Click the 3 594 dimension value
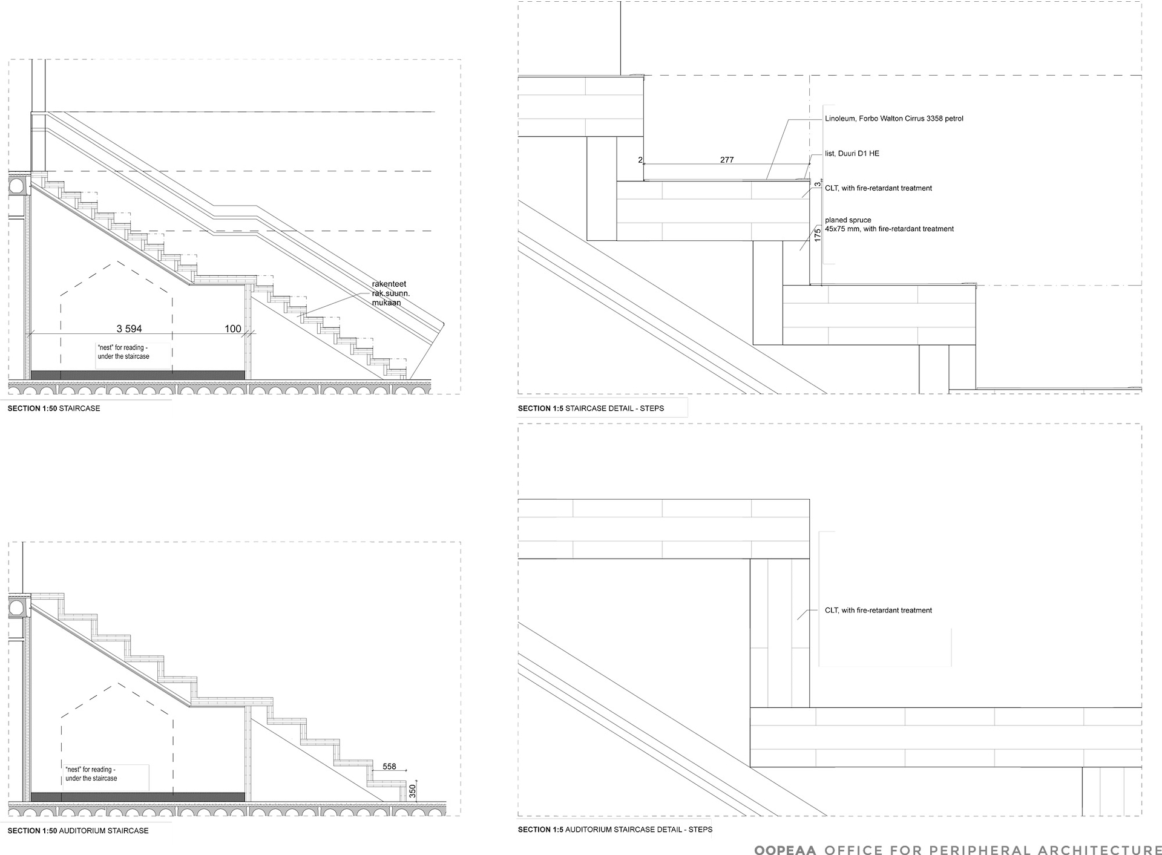click(129, 329)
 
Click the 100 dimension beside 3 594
click(233, 329)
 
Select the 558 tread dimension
click(389, 767)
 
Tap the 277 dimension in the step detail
click(727, 160)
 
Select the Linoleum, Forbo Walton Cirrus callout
click(894, 119)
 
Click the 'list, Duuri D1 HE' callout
click(852, 154)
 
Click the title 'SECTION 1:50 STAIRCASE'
click(54, 408)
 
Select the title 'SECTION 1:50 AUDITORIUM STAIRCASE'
click(78, 831)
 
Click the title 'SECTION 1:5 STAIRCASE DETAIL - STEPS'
click(591, 408)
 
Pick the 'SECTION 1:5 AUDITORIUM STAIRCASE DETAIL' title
click(615, 830)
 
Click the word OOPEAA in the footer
click(785, 850)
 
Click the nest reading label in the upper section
click(123, 352)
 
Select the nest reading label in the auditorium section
click(91, 774)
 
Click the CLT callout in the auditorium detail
click(878, 611)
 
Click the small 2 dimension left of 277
click(640, 160)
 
